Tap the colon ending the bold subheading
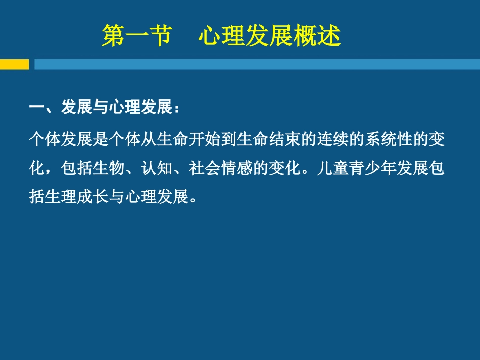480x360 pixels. point(176,109)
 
